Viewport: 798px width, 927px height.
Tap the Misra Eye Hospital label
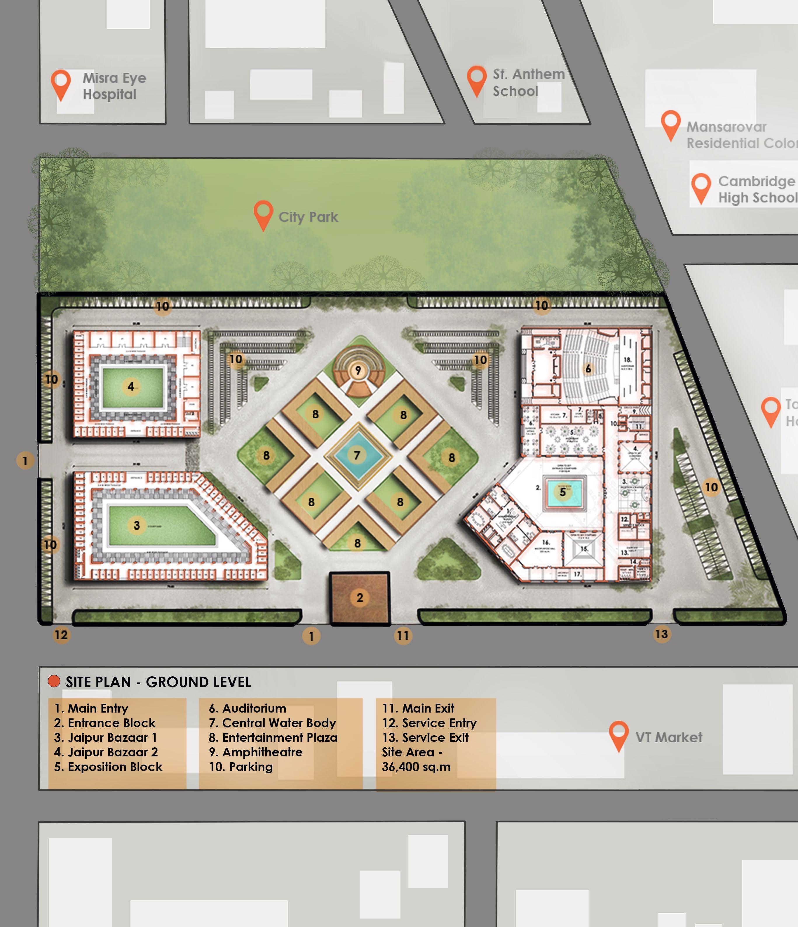(114, 86)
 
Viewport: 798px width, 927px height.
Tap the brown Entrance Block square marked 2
(359, 598)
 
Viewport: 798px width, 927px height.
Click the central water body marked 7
(357, 455)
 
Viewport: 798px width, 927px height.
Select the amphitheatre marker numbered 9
(358, 370)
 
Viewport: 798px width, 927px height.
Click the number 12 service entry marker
(61, 634)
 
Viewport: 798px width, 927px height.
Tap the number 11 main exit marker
(403, 635)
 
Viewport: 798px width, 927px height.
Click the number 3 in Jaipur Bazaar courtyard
(137, 525)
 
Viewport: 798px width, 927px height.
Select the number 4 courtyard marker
(130, 387)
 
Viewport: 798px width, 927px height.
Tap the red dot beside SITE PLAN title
(54, 681)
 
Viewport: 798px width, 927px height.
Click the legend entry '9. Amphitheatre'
(256, 752)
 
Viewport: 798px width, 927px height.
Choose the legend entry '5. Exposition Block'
(108, 767)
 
